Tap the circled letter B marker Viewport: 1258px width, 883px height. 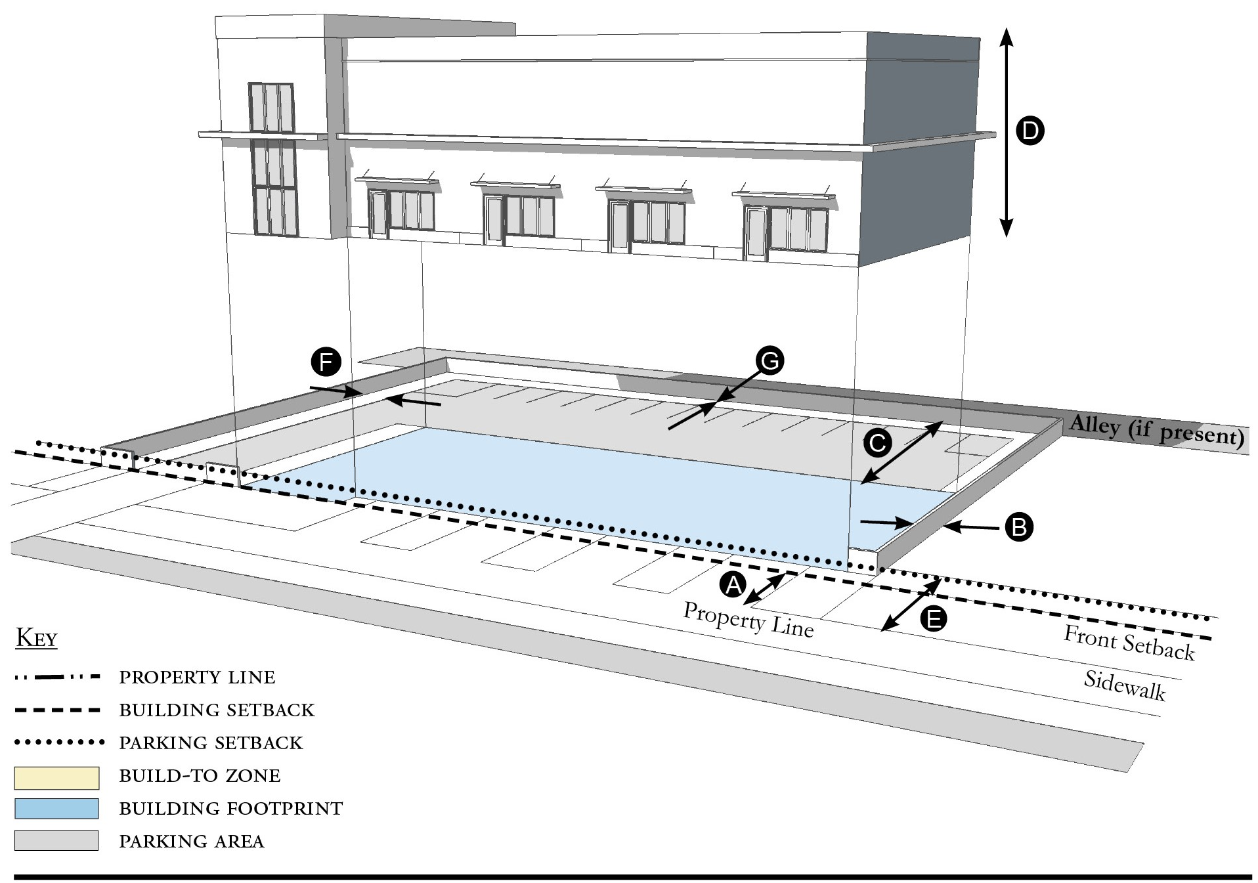(x=1019, y=527)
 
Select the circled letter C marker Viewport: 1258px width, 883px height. (x=877, y=443)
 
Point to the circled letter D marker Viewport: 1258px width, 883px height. (x=1030, y=131)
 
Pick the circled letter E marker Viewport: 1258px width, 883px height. (x=933, y=618)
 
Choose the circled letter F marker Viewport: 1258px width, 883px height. (x=326, y=362)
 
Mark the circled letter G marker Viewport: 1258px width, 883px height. (x=770, y=360)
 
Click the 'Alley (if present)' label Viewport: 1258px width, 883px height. (x=1157, y=431)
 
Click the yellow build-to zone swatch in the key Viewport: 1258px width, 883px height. (x=56, y=777)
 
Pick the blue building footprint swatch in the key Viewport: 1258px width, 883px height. (x=56, y=809)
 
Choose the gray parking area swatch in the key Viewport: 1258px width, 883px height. (x=56, y=840)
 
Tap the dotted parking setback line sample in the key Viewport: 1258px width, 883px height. (x=59, y=743)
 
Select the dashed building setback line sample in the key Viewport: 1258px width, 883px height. (x=57, y=710)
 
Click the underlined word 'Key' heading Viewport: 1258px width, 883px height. (x=37, y=638)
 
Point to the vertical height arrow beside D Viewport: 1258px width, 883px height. (x=1006, y=132)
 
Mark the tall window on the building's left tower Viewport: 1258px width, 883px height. (x=272, y=160)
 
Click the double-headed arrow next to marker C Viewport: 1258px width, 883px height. (x=902, y=453)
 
